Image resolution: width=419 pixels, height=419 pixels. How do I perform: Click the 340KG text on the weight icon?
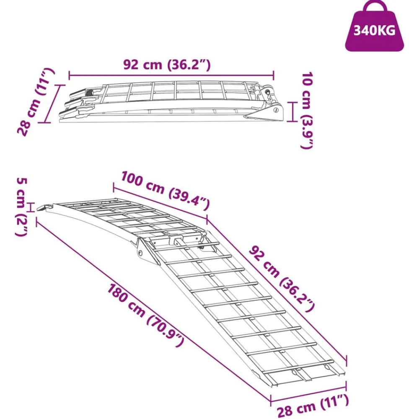(374, 31)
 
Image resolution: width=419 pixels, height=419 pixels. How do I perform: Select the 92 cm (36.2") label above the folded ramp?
(167, 65)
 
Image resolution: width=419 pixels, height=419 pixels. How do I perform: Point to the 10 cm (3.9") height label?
(307, 110)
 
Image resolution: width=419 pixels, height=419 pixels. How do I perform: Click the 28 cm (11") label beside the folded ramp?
(36, 102)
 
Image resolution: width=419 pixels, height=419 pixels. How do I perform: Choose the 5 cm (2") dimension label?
(21, 207)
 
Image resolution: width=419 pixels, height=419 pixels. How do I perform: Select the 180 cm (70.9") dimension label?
(146, 316)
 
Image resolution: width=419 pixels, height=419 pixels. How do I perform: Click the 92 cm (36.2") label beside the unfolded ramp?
(281, 279)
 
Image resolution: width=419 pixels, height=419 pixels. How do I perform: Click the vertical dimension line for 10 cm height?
(293, 112)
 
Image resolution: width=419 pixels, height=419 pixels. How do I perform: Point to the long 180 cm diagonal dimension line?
(153, 310)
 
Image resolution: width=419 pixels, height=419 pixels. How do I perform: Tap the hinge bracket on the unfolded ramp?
(146, 250)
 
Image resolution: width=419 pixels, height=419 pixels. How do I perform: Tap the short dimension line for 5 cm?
(32, 207)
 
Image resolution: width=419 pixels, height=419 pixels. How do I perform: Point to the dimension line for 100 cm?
(160, 202)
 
